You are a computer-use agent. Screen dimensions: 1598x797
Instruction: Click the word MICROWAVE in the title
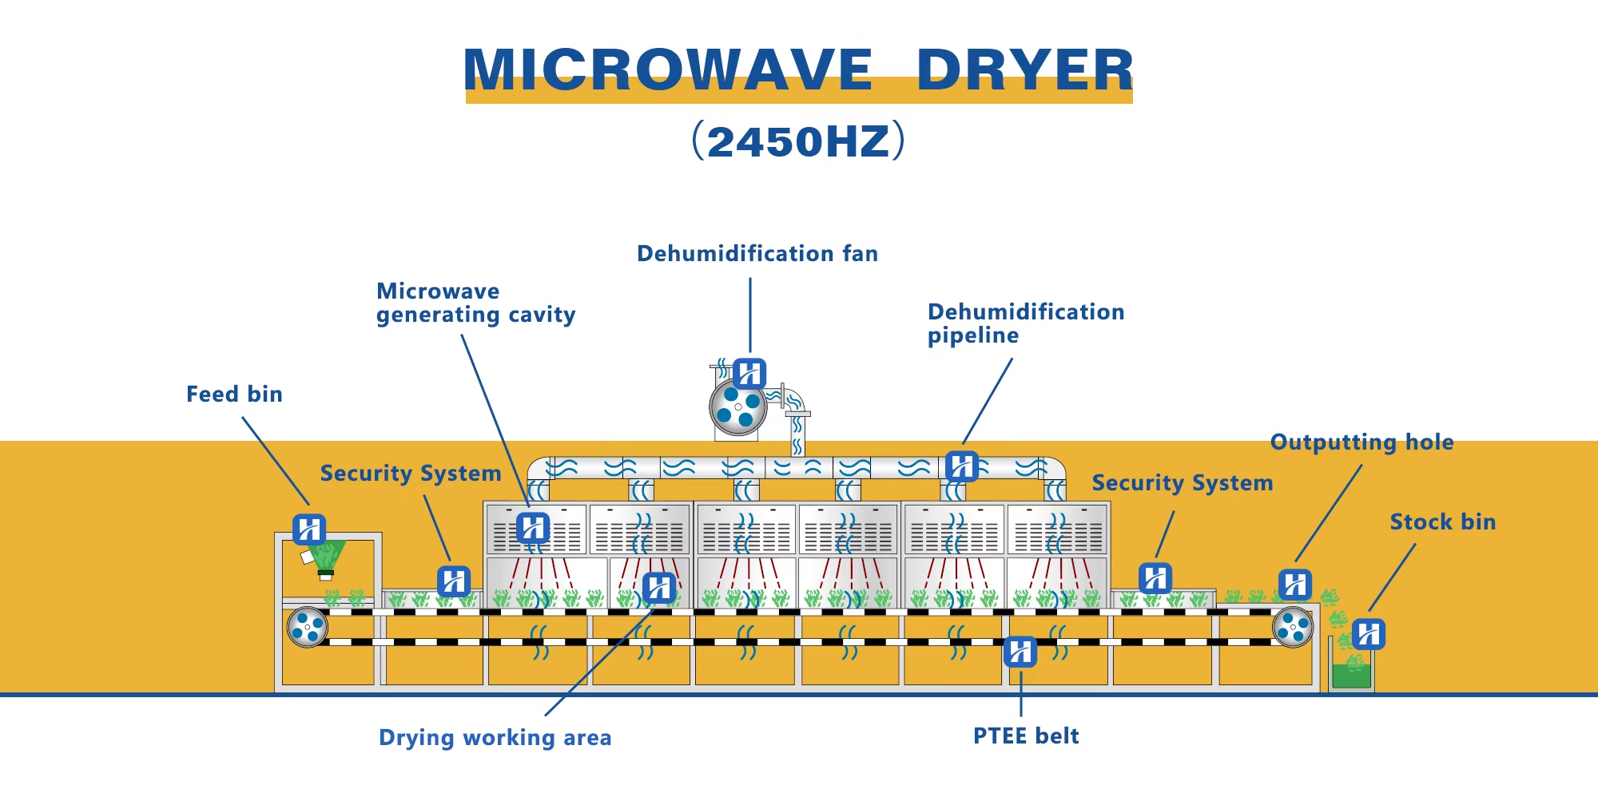point(668,69)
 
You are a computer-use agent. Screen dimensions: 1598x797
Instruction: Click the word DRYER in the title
point(1025,69)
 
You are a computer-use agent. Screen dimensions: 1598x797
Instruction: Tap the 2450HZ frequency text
point(798,141)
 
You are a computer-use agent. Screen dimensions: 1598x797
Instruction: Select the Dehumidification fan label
point(757,253)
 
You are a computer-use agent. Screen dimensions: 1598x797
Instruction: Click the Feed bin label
point(234,394)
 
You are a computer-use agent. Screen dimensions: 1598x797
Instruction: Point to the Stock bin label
point(1443,521)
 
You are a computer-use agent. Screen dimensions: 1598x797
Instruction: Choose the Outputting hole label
point(1362,442)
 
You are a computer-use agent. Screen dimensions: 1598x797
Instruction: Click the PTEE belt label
point(1026,736)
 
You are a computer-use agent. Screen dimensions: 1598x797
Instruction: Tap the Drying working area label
point(495,738)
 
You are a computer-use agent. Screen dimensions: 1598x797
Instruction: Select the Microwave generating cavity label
point(476,303)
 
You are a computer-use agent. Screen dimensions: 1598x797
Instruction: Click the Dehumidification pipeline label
point(1026,323)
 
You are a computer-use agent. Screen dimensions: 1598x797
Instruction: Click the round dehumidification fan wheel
point(738,406)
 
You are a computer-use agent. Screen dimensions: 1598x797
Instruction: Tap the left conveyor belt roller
point(308,627)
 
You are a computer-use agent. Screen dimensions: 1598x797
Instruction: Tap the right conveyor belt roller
point(1293,627)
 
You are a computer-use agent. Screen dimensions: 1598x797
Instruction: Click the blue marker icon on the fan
point(749,373)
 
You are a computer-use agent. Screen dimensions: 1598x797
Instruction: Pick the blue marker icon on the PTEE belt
point(1020,652)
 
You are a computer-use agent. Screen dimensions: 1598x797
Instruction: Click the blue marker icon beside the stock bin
point(1369,634)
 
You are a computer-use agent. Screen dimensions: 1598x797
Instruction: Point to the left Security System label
point(411,474)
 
